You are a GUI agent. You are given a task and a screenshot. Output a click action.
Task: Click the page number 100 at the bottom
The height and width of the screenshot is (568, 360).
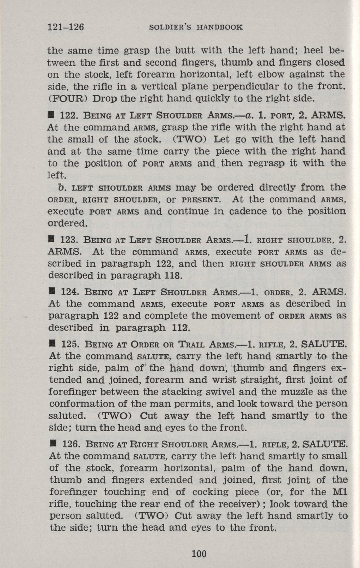[199, 554]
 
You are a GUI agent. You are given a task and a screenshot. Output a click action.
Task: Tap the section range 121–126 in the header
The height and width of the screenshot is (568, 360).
[67, 27]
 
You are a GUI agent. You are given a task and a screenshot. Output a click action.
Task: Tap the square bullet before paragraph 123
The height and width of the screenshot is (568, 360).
[52, 241]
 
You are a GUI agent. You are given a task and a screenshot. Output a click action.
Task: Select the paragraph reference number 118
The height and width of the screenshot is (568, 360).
[174, 276]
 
